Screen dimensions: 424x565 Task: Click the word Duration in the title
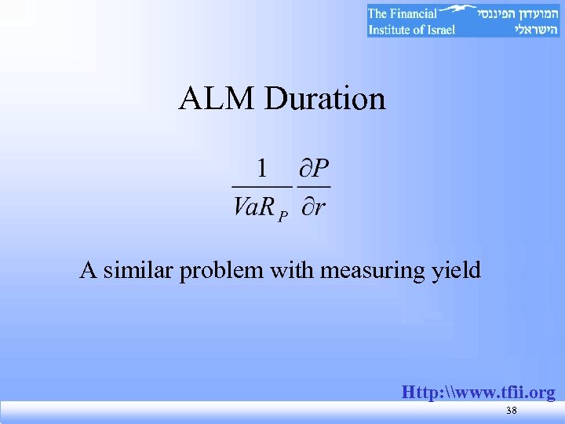[325, 100]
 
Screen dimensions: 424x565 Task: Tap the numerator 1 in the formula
[263, 167]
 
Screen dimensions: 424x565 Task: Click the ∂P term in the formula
[315, 167]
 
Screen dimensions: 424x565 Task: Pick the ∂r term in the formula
[314, 207]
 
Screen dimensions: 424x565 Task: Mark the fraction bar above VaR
[261, 187]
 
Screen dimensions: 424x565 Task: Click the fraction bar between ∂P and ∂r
[315, 187]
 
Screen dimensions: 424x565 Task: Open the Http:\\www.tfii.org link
[478, 392]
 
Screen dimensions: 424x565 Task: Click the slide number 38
[511, 411]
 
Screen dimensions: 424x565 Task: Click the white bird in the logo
[456, 11]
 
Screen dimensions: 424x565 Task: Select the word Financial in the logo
[414, 13]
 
